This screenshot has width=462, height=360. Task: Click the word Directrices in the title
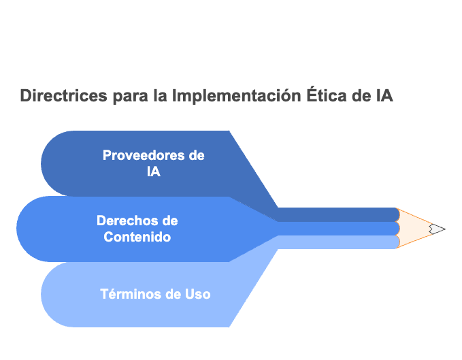pos(63,95)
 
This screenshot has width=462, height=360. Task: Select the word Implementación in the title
pos(236,95)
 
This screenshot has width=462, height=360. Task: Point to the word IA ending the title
pos(384,95)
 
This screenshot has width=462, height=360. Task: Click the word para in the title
pos(130,97)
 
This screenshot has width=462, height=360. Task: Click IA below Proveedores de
pos(154,171)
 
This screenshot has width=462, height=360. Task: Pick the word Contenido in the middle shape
pos(137,237)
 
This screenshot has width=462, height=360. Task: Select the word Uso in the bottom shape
pos(198,294)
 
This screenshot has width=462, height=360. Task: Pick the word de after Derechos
pos(170,220)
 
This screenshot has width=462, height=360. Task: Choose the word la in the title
pos(160,95)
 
